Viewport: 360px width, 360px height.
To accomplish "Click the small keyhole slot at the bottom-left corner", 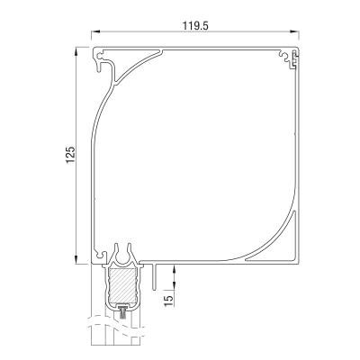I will coord(99,253).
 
